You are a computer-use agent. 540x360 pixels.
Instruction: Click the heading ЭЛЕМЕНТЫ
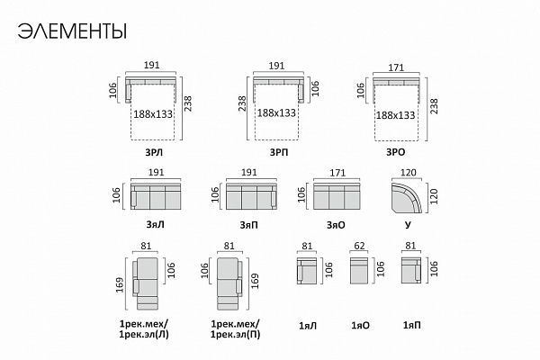pyautogui.click(x=72, y=31)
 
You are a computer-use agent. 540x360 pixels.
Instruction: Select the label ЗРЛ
pyautogui.click(x=154, y=152)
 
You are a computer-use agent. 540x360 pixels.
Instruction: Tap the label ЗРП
pyautogui.click(x=279, y=152)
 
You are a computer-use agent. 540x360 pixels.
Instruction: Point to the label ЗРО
pyautogui.click(x=395, y=152)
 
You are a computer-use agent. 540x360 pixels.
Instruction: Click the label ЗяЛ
pyautogui.click(x=155, y=225)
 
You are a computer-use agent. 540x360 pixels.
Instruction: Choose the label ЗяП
pyautogui.click(x=248, y=225)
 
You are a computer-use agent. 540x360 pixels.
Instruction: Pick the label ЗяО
pyautogui.click(x=336, y=225)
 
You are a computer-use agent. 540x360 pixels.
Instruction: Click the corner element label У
pyautogui.click(x=408, y=225)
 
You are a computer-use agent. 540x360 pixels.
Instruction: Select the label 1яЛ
pyautogui.click(x=308, y=326)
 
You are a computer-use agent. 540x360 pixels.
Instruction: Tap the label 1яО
pyautogui.click(x=360, y=326)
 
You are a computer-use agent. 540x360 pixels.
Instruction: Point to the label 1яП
pyautogui.click(x=412, y=325)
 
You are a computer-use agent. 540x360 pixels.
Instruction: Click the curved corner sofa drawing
pyautogui.click(x=407, y=198)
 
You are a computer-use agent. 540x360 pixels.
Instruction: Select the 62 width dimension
pyautogui.click(x=359, y=246)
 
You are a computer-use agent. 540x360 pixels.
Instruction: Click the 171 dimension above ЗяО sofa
pyautogui.click(x=337, y=173)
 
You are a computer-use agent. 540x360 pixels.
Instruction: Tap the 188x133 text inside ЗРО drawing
pyautogui.click(x=395, y=115)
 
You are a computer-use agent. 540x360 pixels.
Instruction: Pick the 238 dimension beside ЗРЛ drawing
pyautogui.click(x=188, y=103)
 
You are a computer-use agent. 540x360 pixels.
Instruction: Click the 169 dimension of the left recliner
pyautogui.click(x=120, y=285)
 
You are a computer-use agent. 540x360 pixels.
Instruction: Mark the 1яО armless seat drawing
pyautogui.click(x=359, y=270)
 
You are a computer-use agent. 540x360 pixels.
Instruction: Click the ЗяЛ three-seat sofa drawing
pyautogui.click(x=156, y=196)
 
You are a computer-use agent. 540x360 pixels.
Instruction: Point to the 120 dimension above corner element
pyautogui.click(x=409, y=173)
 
